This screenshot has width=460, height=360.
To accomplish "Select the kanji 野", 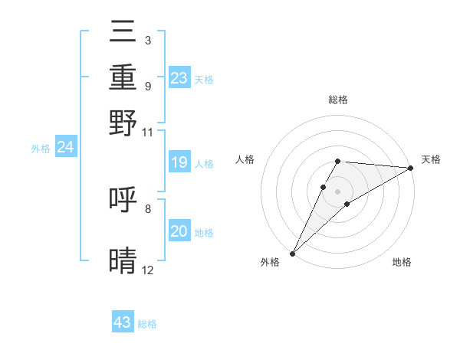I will (123, 123).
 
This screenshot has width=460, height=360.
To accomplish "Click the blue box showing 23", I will (179, 77).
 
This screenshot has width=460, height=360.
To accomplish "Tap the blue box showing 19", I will (179, 162).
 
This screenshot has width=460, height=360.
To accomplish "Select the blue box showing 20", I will (179, 231).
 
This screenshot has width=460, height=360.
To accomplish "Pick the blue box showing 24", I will (66, 147).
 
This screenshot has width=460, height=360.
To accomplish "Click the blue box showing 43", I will (123, 322).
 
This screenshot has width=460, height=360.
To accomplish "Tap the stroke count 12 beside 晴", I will (147, 270).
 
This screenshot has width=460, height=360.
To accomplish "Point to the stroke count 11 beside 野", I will (147, 131).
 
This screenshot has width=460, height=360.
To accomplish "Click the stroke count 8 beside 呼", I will (147, 208).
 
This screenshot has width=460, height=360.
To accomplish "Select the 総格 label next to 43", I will (147, 324).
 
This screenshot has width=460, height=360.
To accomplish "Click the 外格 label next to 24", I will (41, 149).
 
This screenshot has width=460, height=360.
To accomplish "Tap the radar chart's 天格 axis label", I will (431, 160).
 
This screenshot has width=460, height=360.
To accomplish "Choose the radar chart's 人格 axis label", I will (245, 160).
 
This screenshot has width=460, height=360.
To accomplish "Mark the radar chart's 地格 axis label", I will (402, 262).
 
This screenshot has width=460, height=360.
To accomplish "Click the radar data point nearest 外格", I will (292, 253).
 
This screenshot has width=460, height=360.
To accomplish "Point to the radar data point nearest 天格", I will (411, 168).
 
